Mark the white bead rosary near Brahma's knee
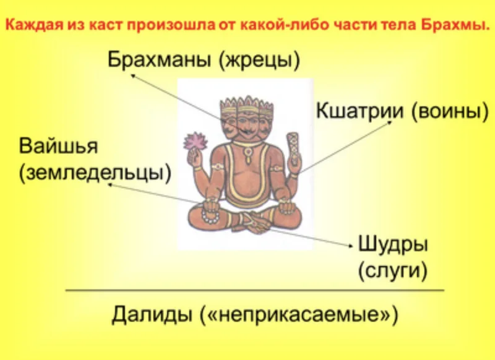[x=211, y=217]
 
